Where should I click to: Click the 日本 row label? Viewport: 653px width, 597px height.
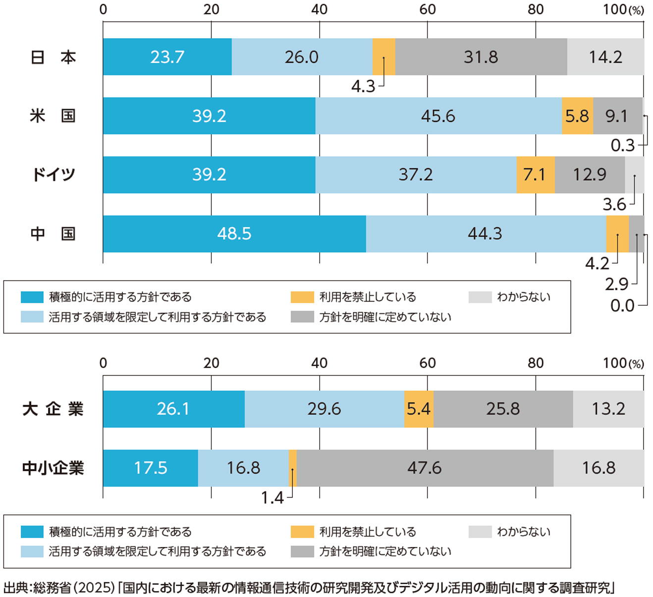pos(53,57)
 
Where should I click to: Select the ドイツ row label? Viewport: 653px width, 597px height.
pos(53,175)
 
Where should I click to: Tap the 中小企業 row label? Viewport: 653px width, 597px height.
pos(53,468)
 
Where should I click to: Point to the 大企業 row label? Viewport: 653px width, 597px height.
pos(53,409)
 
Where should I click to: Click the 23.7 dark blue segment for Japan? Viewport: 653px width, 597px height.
pos(167,57)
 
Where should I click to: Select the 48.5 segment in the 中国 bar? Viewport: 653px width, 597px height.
pos(234,233)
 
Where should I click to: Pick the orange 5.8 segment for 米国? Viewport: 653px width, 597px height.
pos(577,116)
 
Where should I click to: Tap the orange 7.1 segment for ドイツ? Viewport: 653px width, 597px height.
pos(535,175)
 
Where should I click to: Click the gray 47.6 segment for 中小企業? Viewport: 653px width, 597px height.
pos(425,468)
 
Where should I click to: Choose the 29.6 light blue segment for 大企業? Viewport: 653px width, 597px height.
pos(324,409)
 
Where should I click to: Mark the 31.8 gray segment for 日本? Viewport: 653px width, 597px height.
pos(481,57)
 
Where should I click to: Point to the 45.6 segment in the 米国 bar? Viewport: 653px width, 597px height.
pos(438,116)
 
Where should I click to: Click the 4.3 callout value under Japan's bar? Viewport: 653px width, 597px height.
pos(363,87)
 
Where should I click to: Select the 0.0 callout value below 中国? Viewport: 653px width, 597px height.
pos(622,306)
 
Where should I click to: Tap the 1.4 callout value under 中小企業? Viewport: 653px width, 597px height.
pos(272,497)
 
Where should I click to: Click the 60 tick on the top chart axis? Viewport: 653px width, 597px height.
pos(428,9)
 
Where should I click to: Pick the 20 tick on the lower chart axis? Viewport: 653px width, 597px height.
pos(211,363)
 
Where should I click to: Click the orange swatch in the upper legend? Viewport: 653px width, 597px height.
pos(302,297)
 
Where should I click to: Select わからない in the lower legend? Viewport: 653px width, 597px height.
pos(524,532)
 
